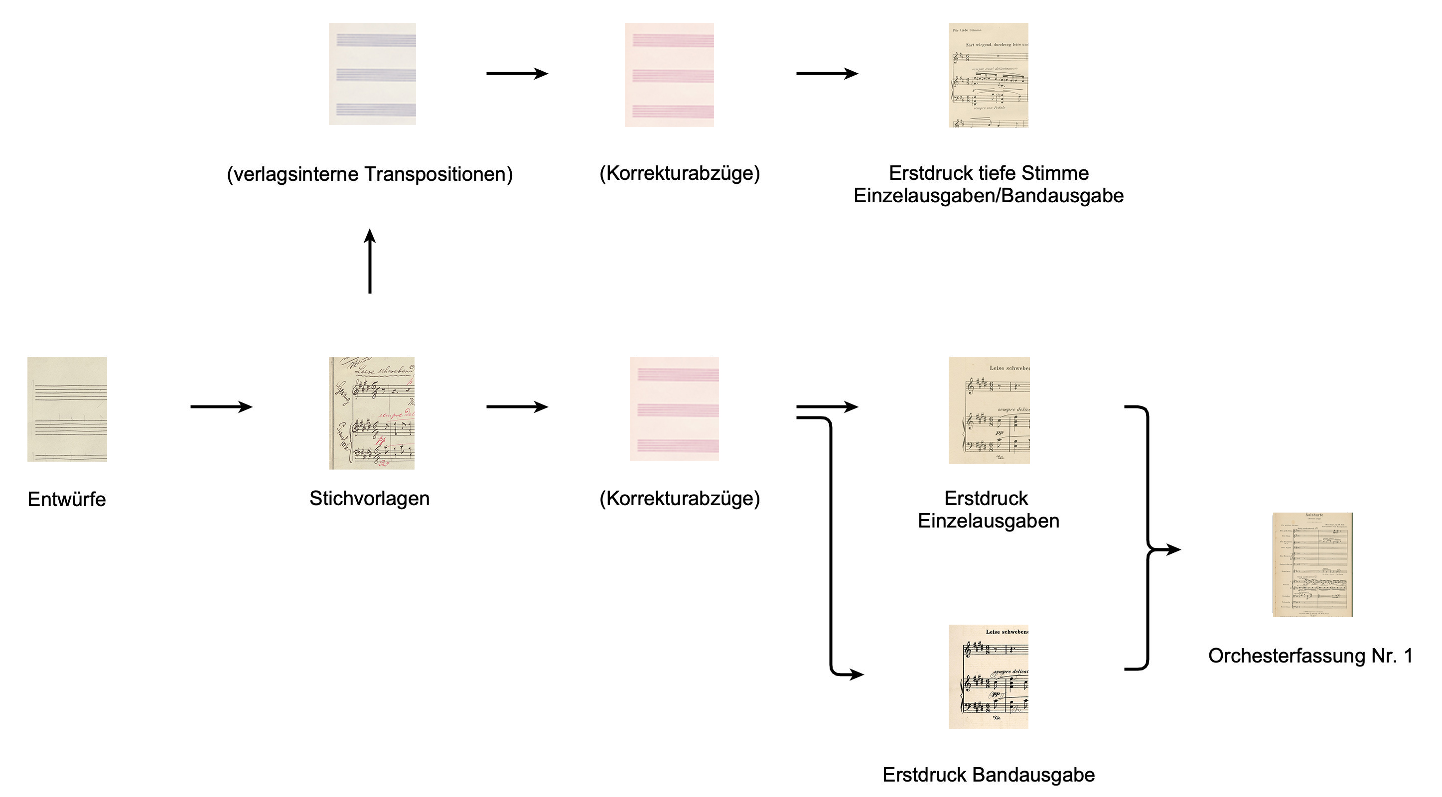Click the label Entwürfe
[67, 499]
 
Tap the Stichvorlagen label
[369, 498]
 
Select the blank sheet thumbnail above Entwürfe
[67, 409]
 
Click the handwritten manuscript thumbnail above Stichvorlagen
[372, 413]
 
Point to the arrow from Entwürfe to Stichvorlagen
[222, 406]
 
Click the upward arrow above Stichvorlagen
[369, 261]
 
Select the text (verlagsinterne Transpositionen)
[369, 173]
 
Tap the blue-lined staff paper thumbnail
[372, 74]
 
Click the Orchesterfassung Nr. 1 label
[1310, 656]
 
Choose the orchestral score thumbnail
[1312, 564]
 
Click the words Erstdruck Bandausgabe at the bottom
[989, 775]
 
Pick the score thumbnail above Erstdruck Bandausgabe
[989, 676]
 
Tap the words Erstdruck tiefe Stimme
[989, 173]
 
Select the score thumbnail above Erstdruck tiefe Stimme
[989, 75]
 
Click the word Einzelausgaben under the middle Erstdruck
[989, 521]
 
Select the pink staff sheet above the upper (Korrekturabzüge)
[669, 75]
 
